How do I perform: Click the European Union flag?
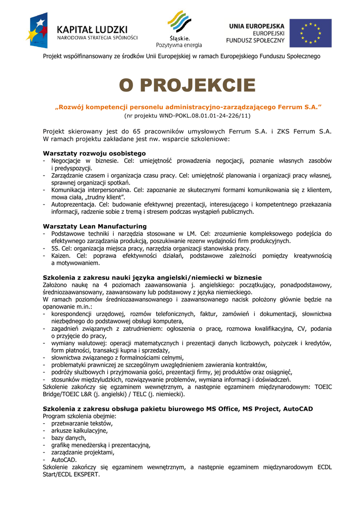[x=310, y=33]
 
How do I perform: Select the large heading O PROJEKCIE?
[x=187, y=86]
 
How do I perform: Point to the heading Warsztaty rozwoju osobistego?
[x=94, y=153]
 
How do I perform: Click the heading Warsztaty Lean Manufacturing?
[x=95, y=226]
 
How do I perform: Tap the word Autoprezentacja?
[x=73, y=204]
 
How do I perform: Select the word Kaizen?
[x=61, y=255]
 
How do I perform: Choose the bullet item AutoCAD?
[x=64, y=460]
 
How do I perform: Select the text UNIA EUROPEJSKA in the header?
[x=256, y=26]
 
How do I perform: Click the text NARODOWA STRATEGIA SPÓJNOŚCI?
[x=97, y=37]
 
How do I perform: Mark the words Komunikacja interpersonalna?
[x=90, y=190]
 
